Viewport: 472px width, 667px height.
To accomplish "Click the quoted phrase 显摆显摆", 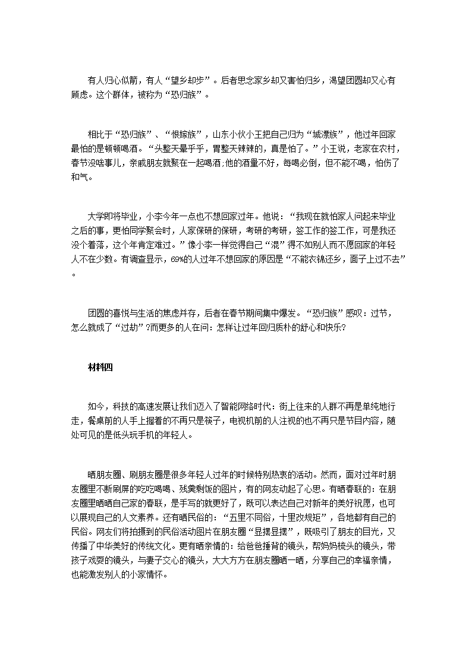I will point(269,532).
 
